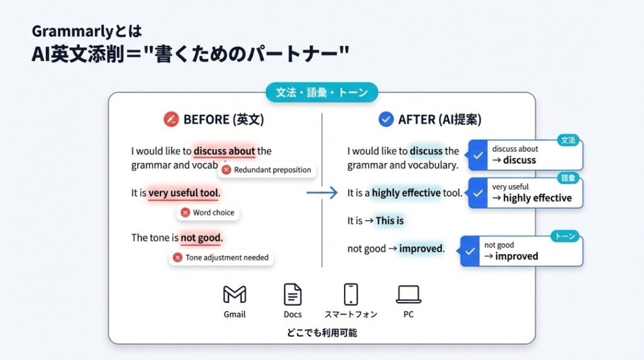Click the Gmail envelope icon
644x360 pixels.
[235, 295]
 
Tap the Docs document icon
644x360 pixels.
[292, 295]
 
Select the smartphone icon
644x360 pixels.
[351, 295]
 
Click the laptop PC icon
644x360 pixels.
[409, 295]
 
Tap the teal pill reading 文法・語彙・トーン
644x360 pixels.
[321, 93]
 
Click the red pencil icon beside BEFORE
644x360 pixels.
[171, 119]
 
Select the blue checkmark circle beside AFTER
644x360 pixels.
[386, 119]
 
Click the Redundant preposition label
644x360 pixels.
[267, 170]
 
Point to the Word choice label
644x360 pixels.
[208, 213]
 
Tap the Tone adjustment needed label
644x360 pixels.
[221, 257]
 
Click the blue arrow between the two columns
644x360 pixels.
[322, 193]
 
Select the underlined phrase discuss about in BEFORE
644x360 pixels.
[225, 151]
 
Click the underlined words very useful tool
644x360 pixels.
[184, 193]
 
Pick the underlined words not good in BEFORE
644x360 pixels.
[201, 238]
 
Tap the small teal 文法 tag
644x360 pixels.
[568, 140]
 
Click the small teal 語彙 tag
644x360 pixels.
[568, 178]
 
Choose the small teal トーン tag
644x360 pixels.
[565, 236]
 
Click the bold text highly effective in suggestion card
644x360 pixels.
[537, 198]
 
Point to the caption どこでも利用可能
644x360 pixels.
[321, 332]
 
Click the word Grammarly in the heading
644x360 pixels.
[72, 31]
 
